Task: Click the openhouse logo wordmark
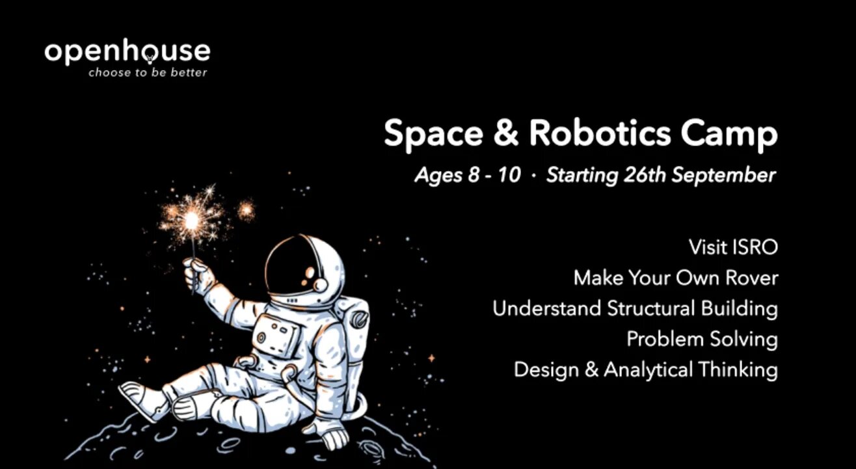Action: tap(127, 53)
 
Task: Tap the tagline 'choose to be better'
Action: tap(148, 72)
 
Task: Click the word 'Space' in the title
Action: tap(433, 134)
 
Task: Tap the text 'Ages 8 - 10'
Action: tap(468, 176)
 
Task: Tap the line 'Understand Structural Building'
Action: tap(635, 308)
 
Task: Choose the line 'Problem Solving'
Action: tap(702, 339)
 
